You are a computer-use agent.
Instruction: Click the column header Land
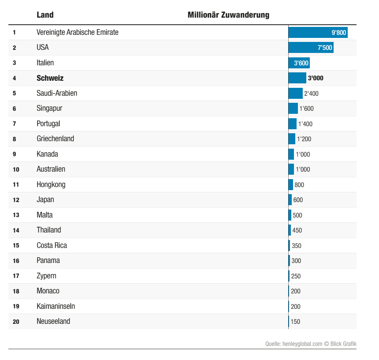(45, 15)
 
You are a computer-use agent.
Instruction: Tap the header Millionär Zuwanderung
(228, 15)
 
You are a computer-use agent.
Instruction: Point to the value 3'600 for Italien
(301, 63)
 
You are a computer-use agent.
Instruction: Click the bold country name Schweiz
(50, 78)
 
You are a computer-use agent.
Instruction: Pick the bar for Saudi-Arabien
(295, 94)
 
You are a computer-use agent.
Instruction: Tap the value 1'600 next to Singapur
(306, 109)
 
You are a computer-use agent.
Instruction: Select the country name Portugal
(48, 124)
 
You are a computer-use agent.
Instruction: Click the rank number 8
(15, 139)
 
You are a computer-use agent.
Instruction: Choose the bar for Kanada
(291, 154)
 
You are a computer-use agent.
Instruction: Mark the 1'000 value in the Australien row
(303, 169)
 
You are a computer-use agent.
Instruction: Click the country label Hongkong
(51, 184)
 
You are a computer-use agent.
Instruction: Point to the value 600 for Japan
(298, 200)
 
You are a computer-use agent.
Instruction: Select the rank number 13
(16, 215)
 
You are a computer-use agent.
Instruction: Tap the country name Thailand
(48, 230)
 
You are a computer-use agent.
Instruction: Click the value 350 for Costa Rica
(297, 246)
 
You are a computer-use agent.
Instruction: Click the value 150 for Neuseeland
(295, 322)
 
